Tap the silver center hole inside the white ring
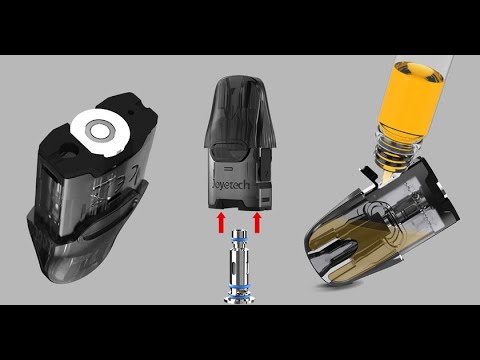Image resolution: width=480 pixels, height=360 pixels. [99, 129]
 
